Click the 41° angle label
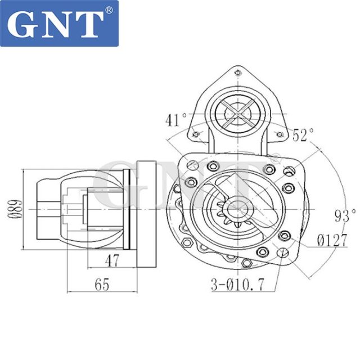click(176, 120)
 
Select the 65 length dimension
click(101, 285)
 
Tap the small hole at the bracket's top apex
click(237, 72)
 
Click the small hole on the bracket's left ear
click(196, 134)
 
